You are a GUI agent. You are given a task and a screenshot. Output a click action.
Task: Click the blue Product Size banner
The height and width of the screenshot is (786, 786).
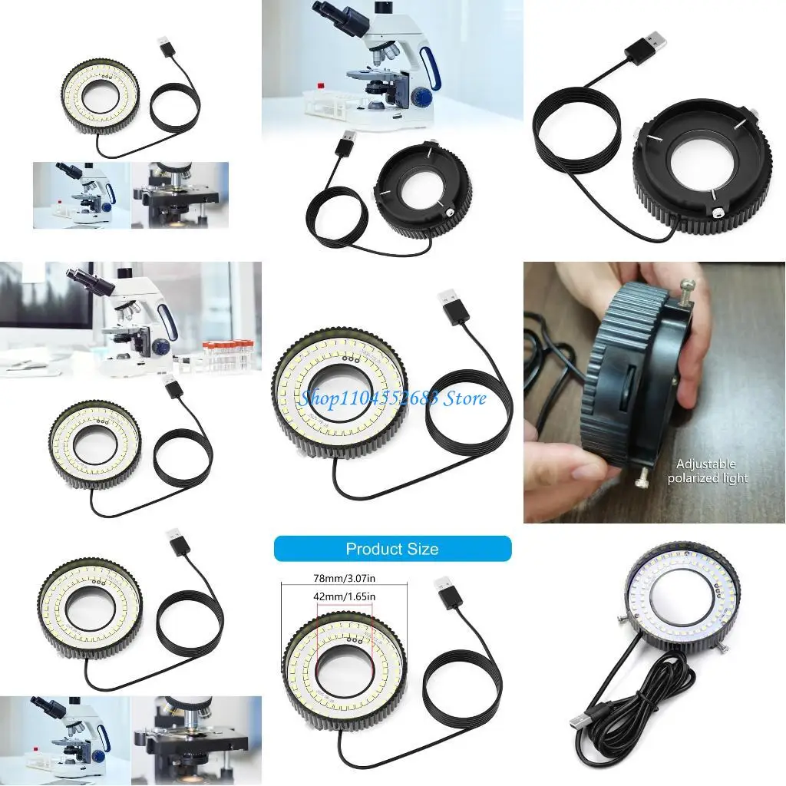pyautogui.click(x=392, y=548)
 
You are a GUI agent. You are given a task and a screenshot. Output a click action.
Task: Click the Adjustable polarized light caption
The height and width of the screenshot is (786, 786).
pyautogui.click(x=707, y=471)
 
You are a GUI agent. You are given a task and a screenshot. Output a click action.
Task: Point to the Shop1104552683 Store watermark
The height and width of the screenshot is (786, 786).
pyautogui.click(x=392, y=398)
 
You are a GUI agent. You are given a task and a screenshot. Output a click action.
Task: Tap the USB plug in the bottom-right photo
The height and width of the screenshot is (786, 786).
pyautogui.click(x=587, y=719)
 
